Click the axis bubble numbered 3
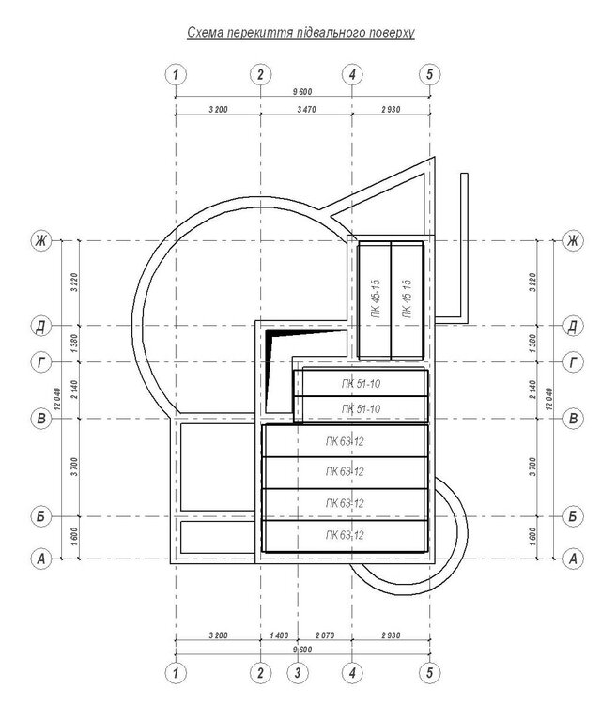pos(298,673)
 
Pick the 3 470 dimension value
pos(306,109)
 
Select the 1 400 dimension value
pos(279,635)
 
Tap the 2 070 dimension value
pos(325,635)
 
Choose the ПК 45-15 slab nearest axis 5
pos(407,300)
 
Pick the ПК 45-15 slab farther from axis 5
pos(375,300)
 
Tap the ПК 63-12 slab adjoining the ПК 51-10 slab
pos(345,441)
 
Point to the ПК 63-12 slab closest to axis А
pos(345,536)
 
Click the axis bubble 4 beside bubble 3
pos(352,673)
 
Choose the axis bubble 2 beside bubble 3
pos(260,673)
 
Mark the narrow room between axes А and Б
pos(218,537)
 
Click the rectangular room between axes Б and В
pos(218,467)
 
